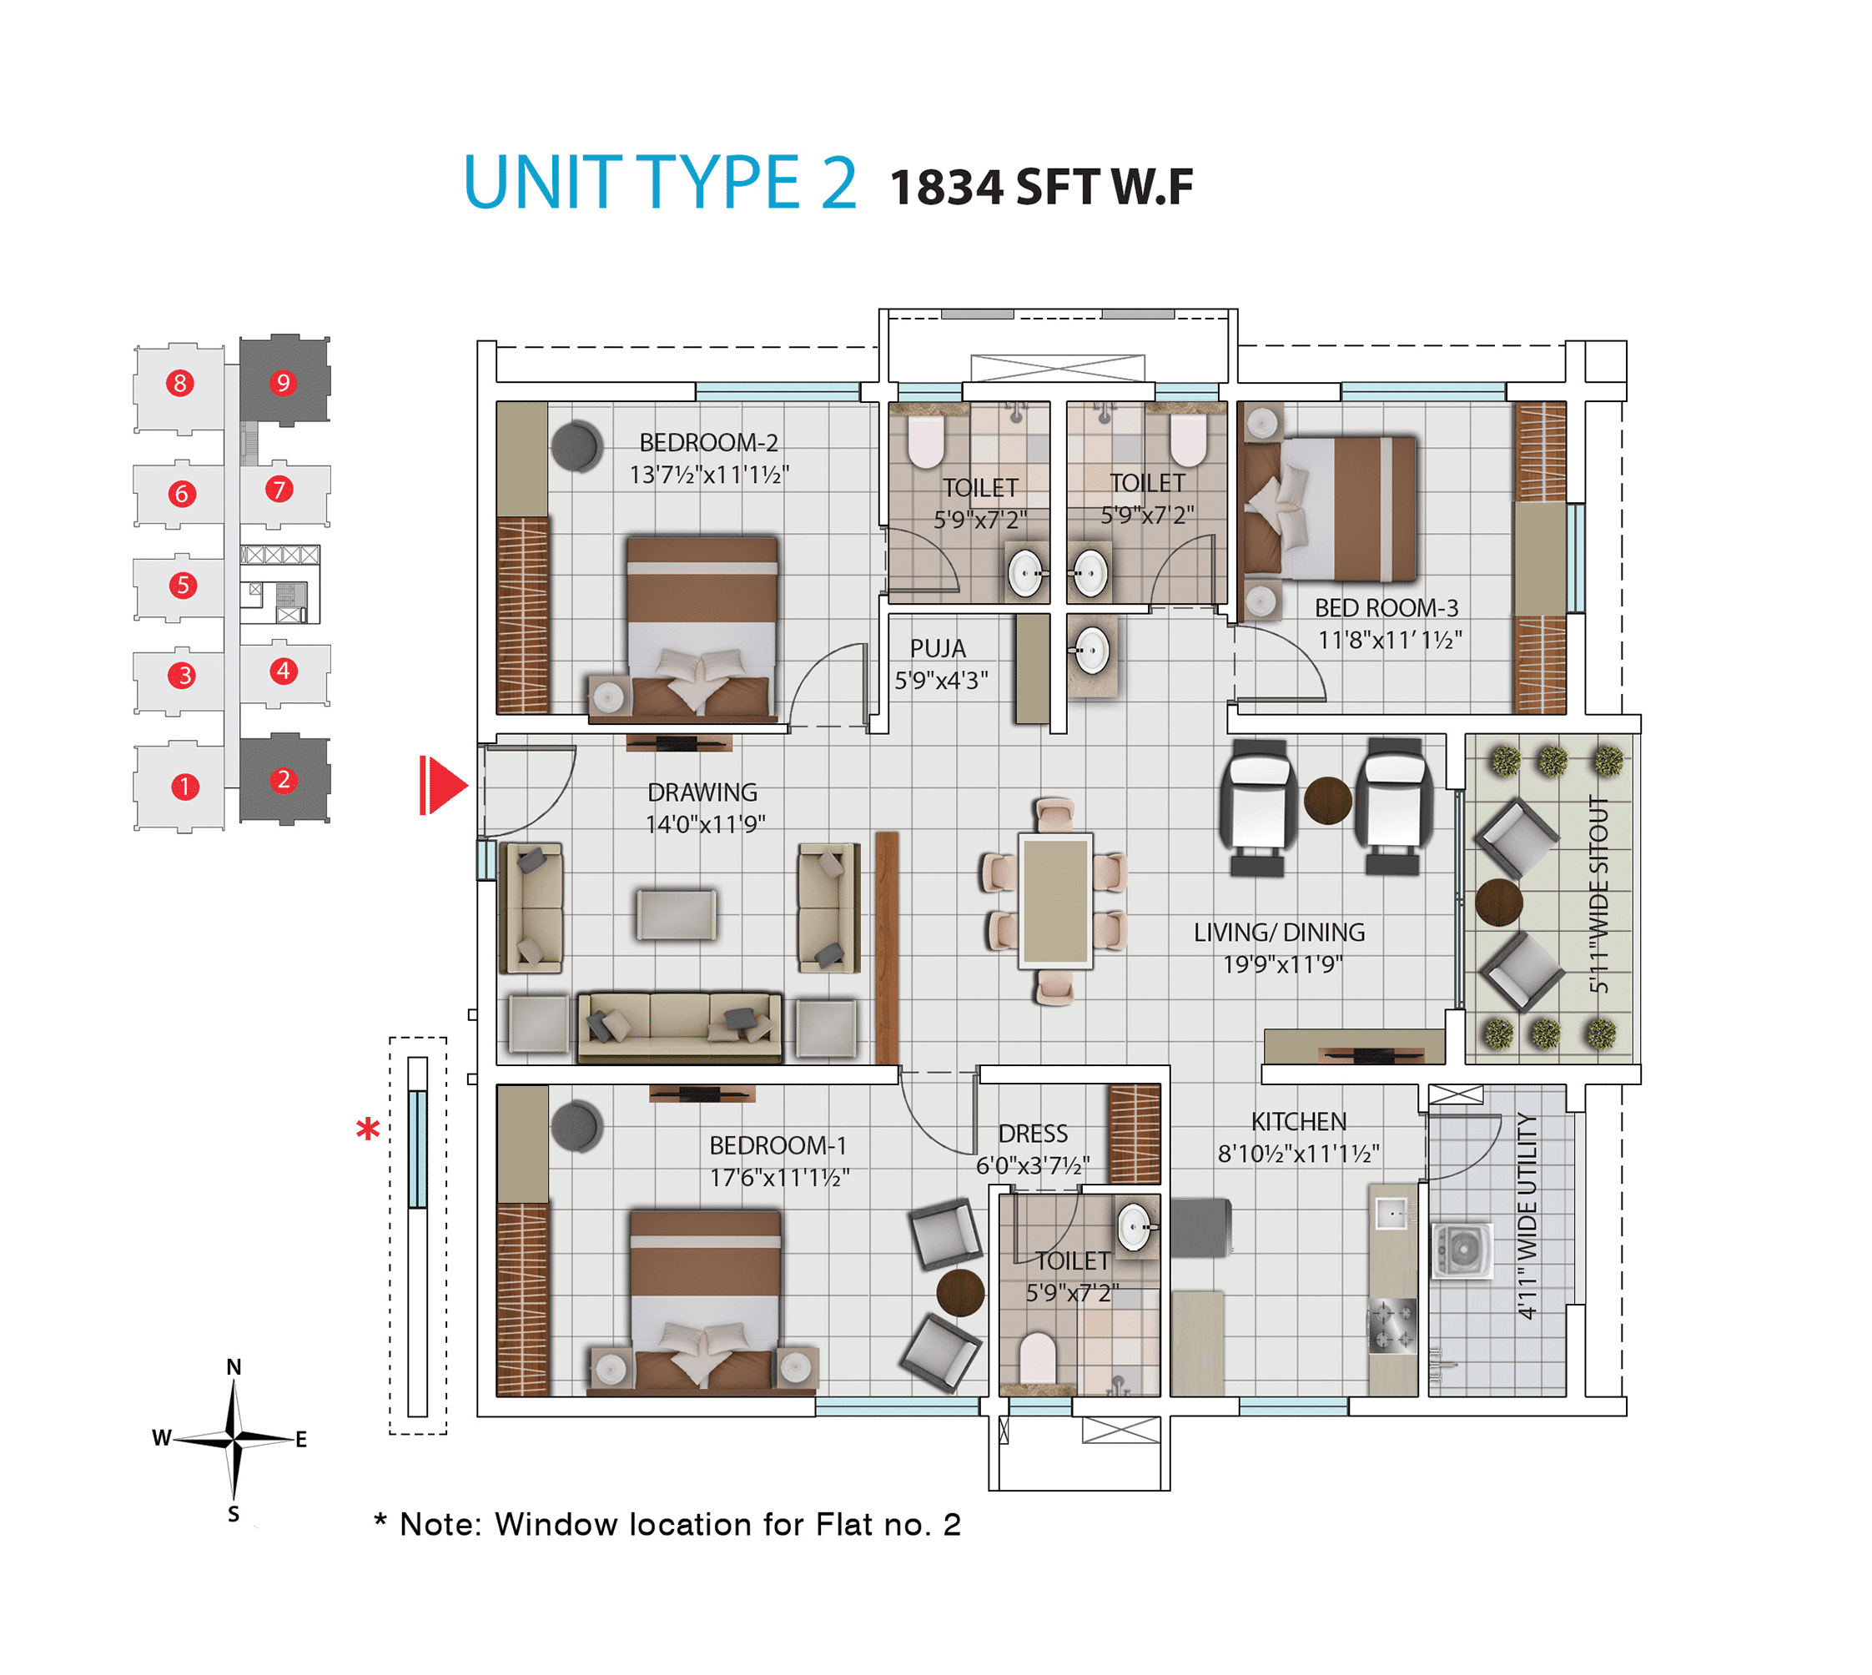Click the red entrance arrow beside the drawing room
click(x=444, y=785)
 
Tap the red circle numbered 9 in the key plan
click(x=283, y=382)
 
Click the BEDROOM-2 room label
click(x=708, y=443)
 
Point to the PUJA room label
click(x=938, y=648)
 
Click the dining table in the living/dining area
click(x=1054, y=901)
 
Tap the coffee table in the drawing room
click(x=677, y=914)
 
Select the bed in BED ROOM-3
click(x=1329, y=509)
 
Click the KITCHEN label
click(x=1299, y=1121)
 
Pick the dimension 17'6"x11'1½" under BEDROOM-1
click(x=778, y=1177)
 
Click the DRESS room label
click(x=1033, y=1133)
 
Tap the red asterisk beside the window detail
click(x=368, y=1129)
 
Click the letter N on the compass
click(x=234, y=1366)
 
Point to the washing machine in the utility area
click(x=1462, y=1250)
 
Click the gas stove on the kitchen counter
click(x=1391, y=1325)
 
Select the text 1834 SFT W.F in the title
click(x=1041, y=187)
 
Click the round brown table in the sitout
click(x=1498, y=903)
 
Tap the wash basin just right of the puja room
click(x=1091, y=650)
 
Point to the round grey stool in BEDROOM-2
click(x=576, y=446)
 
